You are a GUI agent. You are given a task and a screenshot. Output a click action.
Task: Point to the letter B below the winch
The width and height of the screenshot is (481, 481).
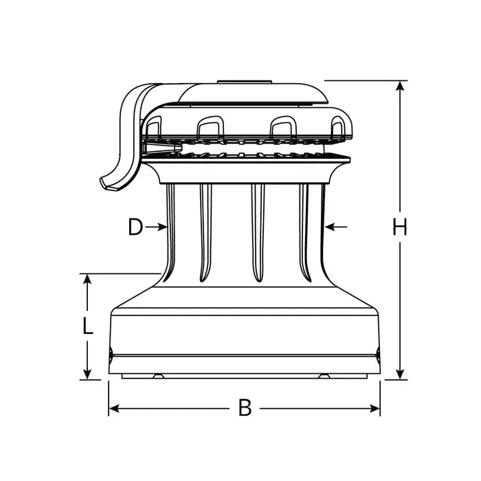point(245,408)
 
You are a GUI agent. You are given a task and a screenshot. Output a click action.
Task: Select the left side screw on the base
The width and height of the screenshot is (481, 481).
point(111,355)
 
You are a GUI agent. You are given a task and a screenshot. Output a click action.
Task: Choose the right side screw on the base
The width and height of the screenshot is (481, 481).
point(378,355)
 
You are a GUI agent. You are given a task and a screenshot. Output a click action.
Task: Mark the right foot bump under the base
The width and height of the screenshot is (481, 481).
point(322,377)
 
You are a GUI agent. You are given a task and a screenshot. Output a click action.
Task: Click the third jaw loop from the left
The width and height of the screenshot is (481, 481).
point(282,126)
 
